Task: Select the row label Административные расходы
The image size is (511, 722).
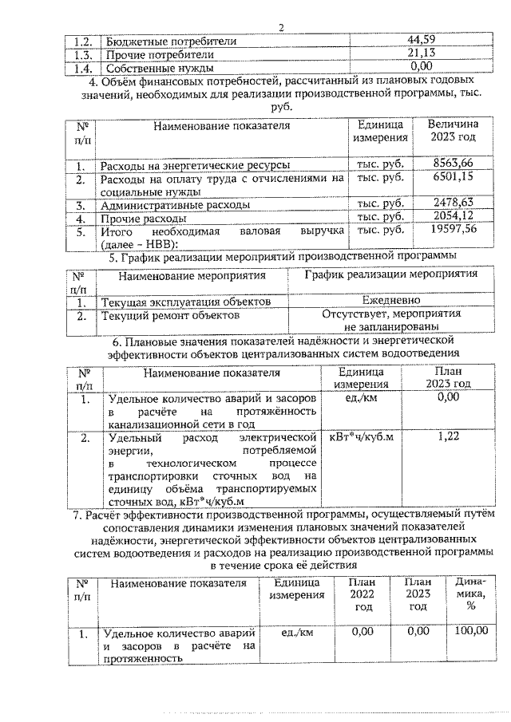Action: click(174, 204)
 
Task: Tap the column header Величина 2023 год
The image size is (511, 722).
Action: click(453, 131)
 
